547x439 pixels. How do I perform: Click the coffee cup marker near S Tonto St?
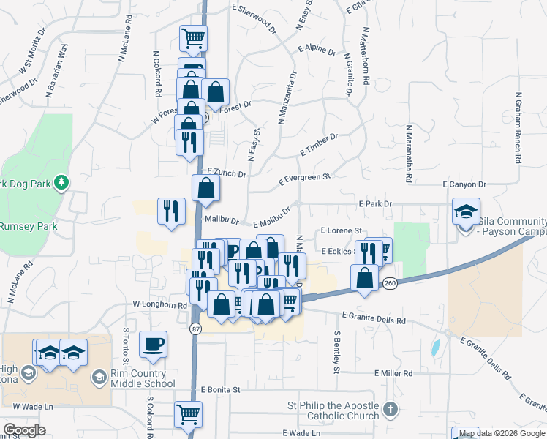pyautogui.click(x=153, y=344)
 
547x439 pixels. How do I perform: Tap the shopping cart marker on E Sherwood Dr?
pyautogui.click(x=193, y=38)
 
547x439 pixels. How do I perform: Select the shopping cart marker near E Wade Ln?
pyautogui.click(x=188, y=415)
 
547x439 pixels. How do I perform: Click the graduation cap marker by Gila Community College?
pyautogui.click(x=466, y=211)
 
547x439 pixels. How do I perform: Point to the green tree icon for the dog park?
pyautogui.click(x=62, y=182)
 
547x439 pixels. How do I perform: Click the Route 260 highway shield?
pyautogui.click(x=391, y=284)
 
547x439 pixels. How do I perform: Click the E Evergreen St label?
pyautogui.click(x=306, y=179)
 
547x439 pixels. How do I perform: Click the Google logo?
pyautogui.click(x=24, y=430)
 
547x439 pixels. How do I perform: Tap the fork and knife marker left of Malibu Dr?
pyautogui.click(x=171, y=211)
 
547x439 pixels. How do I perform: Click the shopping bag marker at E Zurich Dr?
pyautogui.click(x=206, y=188)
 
